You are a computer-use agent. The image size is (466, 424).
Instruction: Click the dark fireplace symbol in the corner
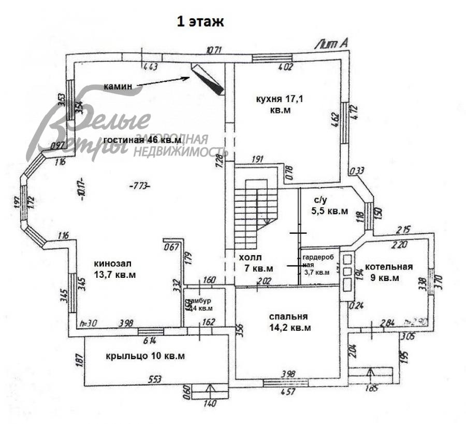click(208, 79)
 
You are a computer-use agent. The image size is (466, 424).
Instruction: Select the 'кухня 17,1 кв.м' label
click(280, 104)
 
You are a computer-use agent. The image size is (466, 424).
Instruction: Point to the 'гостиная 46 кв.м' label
click(142, 140)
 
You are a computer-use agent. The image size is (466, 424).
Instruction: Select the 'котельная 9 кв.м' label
click(388, 272)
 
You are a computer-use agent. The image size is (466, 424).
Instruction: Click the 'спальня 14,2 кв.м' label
click(289, 322)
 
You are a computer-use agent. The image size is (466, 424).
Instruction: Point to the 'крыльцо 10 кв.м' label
click(145, 356)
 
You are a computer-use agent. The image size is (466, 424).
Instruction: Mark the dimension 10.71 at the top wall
click(214, 50)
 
